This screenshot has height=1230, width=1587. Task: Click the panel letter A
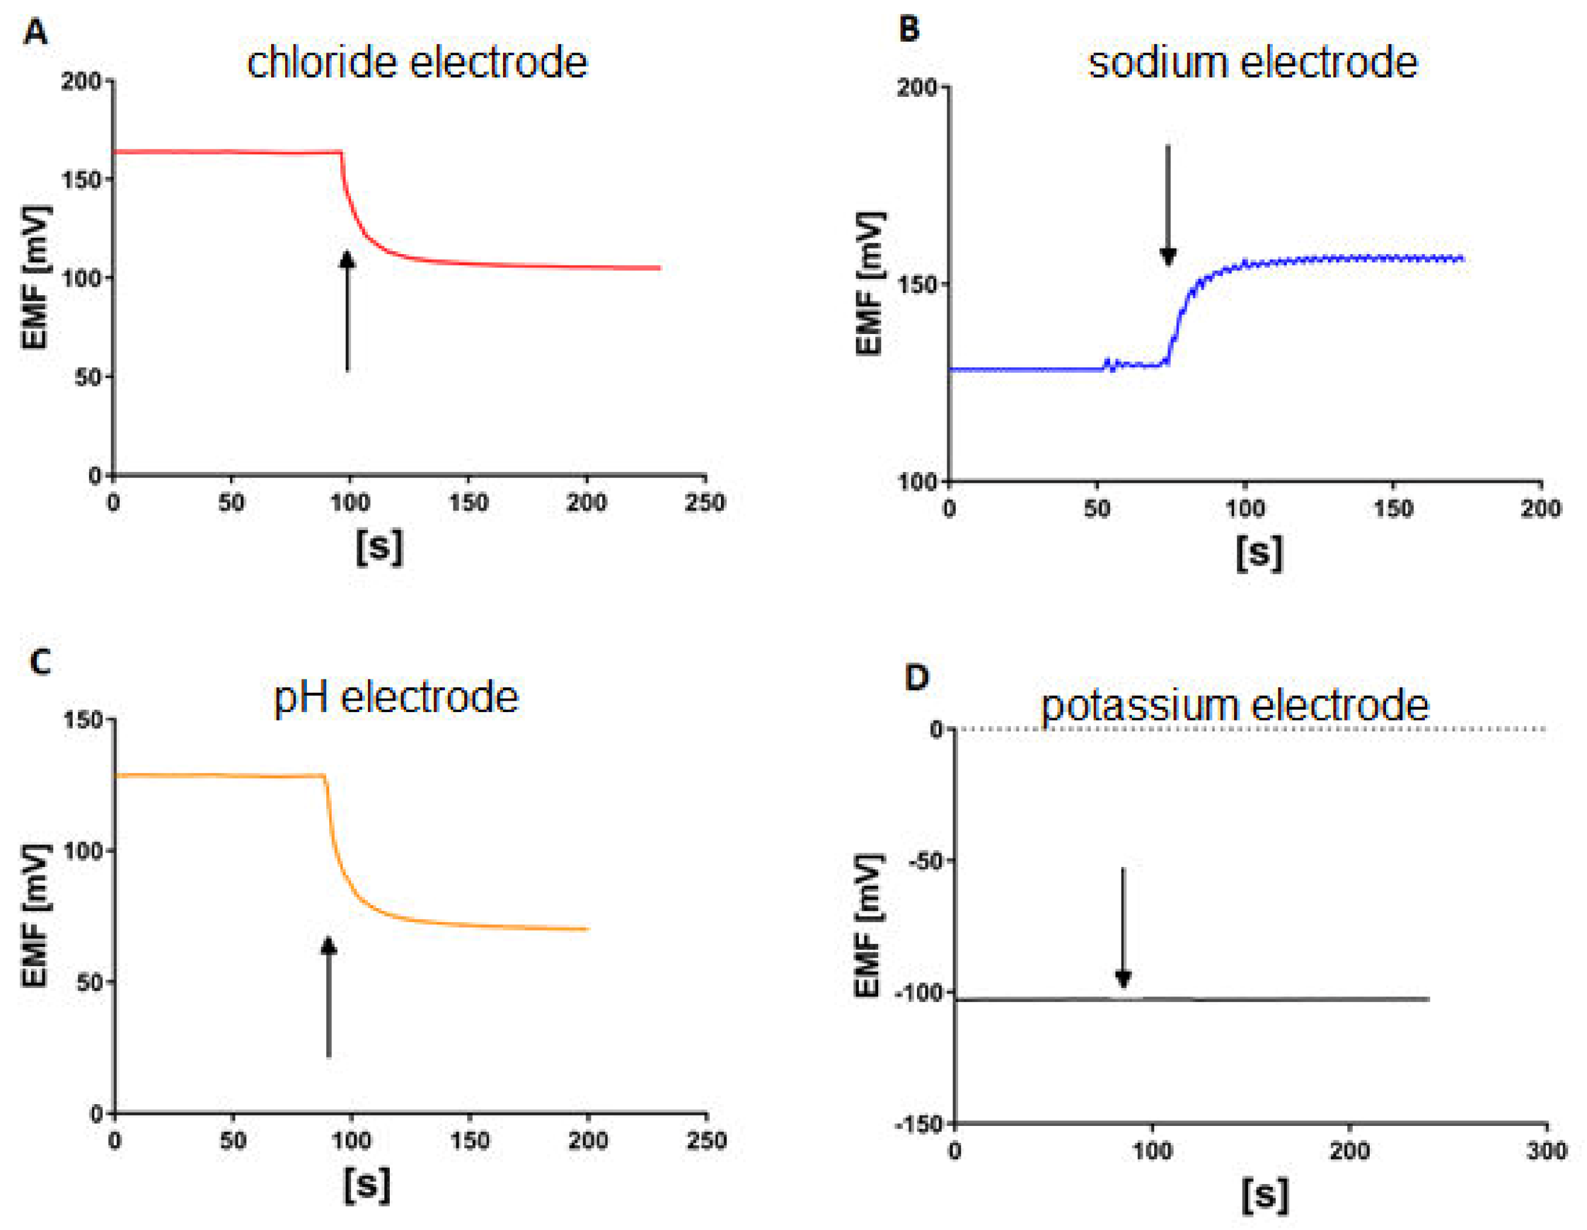click(x=35, y=33)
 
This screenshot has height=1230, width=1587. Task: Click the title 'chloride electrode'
click(x=416, y=62)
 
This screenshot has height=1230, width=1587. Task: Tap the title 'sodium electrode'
click(x=1252, y=62)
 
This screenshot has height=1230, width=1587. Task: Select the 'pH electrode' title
click(x=396, y=698)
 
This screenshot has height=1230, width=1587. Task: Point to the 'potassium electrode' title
click(x=1235, y=705)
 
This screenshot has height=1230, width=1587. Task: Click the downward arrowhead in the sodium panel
click(x=1168, y=256)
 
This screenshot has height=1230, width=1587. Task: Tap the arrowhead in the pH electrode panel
click(x=329, y=945)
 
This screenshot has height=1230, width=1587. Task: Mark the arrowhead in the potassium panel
click(x=1123, y=979)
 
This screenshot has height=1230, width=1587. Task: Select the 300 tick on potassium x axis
click(x=1546, y=1151)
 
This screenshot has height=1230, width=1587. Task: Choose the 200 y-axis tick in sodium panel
click(x=917, y=87)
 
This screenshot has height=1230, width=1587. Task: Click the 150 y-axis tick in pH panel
click(x=84, y=719)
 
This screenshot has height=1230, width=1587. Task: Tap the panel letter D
click(x=917, y=677)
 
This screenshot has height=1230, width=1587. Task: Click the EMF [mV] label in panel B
click(x=870, y=283)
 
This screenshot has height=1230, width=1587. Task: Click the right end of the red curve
click(x=659, y=268)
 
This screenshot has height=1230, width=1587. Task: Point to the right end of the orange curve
click(x=586, y=929)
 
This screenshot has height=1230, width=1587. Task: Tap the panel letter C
click(x=40, y=662)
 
